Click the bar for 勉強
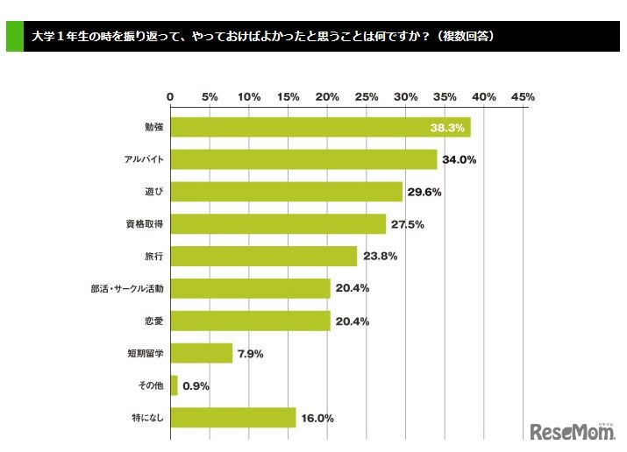coord(320,128)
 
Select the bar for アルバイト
coord(303,159)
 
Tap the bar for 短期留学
coord(201,353)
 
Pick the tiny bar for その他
coord(174,385)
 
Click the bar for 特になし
coord(232,418)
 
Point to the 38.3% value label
coord(447,128)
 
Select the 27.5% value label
coord(408,224)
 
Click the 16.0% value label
coord(317,419)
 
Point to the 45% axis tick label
coord(523,96)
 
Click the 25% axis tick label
coord(367,96)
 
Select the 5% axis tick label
coord(210,96)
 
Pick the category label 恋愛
coord(153,321)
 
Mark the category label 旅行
coord(153,257)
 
